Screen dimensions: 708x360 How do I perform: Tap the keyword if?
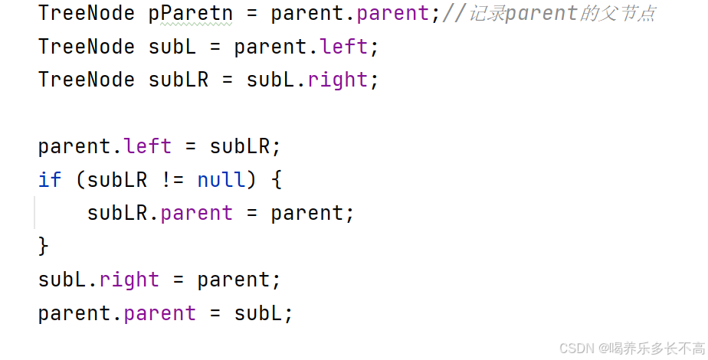pos(50,179)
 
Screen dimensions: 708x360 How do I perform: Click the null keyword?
pos(221,179)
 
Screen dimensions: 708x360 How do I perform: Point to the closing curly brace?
pos(44,245)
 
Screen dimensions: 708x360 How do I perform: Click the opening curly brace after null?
pos(277,179)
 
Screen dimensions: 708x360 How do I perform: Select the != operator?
pos(172,179)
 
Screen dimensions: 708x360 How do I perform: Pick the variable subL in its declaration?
pos(172,47)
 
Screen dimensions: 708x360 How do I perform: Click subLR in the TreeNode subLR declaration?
pos(179,80)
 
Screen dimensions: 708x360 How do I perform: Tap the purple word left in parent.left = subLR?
pos(148,146)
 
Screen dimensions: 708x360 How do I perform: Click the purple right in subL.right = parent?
pos(129,280)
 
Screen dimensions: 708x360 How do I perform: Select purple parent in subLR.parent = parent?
pos(197,212)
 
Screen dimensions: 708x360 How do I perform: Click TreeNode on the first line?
pos(87,13)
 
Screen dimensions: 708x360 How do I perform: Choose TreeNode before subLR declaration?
pos(87,80)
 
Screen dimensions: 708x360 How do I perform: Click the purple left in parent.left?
pos(344,47)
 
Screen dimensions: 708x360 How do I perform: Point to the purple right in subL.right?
pos(338,80)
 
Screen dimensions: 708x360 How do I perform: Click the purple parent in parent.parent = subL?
pos(160,313)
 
